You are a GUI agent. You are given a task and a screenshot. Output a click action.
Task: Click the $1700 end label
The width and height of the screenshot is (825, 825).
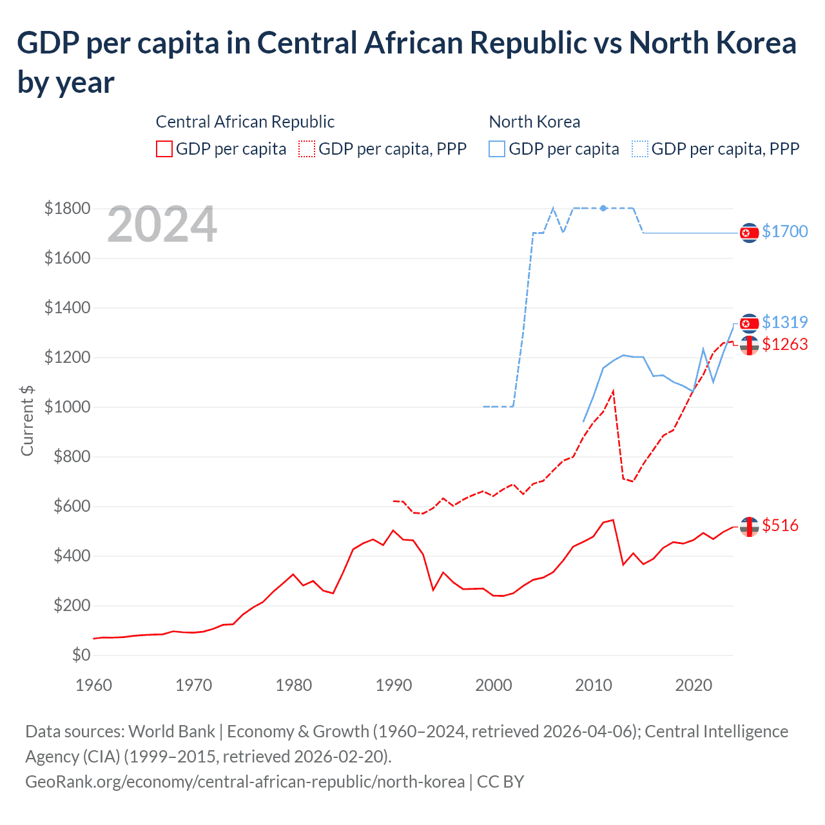(x=784, y=231)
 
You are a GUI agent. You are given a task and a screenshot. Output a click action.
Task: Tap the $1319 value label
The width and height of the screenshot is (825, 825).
(x=784, y=322)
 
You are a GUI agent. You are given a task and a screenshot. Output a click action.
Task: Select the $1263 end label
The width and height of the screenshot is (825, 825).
(x=784, y=344)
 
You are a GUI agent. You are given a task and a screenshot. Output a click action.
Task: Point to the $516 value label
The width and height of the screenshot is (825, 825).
(x=780, y=525)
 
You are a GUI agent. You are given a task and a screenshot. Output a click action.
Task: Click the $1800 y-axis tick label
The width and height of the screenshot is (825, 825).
(x=67, y=208)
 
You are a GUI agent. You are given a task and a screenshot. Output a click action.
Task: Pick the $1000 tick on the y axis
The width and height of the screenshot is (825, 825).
(x=67, y=407)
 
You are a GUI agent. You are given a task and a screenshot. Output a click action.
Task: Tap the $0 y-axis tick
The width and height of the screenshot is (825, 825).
(x=81, y=655)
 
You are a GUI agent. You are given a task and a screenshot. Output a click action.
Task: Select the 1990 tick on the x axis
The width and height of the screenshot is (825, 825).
(x=394, y=685)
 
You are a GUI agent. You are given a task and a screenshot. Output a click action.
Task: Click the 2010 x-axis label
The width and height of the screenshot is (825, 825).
(x=594, y=685)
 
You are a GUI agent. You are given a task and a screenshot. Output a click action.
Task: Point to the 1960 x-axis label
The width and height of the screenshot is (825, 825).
(x=94, y=685)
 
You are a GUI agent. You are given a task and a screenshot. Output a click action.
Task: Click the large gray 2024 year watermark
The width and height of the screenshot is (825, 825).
(x=162, y=224)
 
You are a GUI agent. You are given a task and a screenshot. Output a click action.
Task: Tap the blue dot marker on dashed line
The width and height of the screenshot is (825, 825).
(x=603, y=208)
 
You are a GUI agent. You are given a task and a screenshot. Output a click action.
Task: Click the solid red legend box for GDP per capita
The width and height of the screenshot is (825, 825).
(x=164, y=149)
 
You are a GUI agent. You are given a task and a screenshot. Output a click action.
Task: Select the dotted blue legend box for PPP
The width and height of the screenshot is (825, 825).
(x=640, y=149)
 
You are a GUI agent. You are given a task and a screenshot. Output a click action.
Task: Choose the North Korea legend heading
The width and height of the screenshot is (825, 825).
(x=534, y=122)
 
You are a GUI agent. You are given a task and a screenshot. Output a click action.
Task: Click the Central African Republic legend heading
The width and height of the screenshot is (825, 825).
(x=245, y=122)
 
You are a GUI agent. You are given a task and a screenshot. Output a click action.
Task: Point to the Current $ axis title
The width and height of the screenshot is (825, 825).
(x=27, y=421)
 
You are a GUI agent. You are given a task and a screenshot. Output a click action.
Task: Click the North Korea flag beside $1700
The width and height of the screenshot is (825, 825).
(x=749, y=233)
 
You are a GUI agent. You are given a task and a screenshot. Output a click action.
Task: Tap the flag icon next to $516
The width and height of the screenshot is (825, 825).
(x=749, y=527)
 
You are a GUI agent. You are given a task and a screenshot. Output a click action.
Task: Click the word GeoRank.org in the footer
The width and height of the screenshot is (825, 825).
(x=71, y=782)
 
